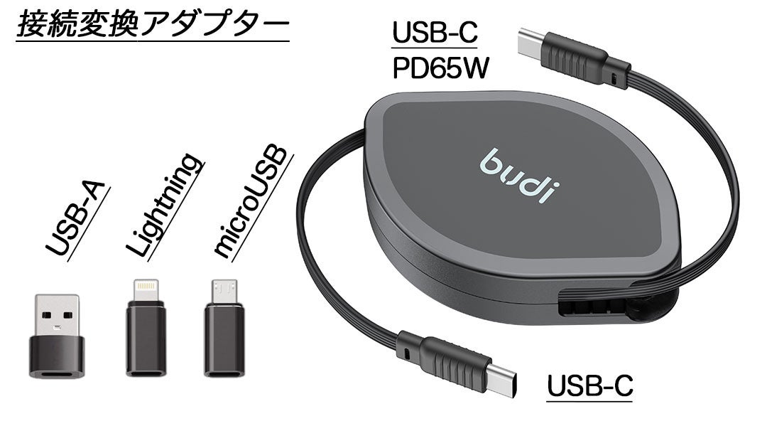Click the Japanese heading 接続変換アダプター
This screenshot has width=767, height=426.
coord(151,26)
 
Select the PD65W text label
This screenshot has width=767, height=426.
coord(442,69)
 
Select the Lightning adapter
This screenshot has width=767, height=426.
coord(146,328)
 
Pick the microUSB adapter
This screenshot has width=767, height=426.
coord(224,328)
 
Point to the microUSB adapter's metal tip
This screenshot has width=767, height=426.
coord(224,290)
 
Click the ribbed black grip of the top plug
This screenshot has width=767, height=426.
coord(577,59)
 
